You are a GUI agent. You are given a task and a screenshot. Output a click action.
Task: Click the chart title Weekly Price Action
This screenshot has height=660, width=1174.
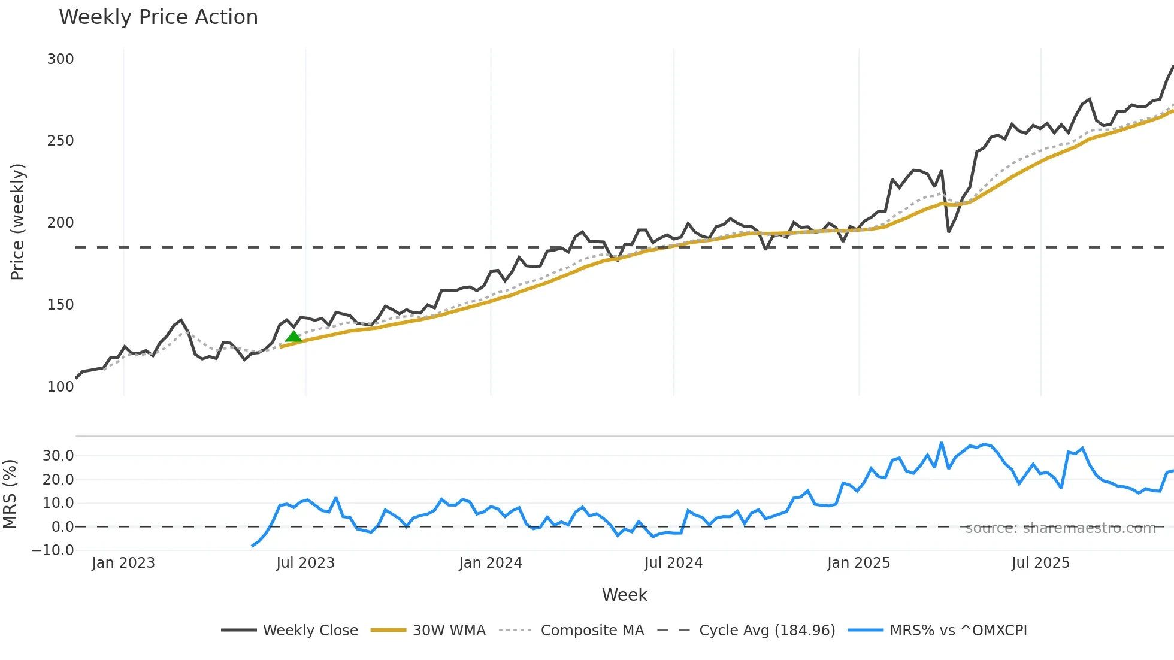158,17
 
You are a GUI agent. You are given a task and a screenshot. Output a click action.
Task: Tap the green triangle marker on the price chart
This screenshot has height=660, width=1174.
293,337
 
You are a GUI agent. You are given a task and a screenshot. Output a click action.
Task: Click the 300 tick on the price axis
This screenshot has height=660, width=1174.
60,59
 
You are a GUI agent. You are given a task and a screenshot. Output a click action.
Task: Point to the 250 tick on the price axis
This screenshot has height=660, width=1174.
60,141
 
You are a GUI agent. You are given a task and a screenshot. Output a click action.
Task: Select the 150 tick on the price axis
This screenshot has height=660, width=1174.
60,305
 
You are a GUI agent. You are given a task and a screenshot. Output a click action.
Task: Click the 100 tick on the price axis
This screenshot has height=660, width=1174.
60,387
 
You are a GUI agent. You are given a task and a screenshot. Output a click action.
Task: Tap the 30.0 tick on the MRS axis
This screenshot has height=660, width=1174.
58,456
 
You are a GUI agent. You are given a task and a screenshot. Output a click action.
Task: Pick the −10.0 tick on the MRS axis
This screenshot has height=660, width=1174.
53,550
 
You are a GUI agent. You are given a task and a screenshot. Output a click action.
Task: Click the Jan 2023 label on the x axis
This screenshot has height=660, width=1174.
123,563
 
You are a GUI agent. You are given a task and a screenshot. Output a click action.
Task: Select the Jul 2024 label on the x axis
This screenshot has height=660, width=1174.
673,563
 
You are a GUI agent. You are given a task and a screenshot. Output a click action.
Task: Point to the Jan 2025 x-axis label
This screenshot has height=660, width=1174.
858,563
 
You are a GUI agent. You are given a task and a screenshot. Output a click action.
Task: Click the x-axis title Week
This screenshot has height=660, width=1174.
624,595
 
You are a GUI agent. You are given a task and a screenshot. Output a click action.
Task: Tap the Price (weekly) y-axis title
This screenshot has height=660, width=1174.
17,222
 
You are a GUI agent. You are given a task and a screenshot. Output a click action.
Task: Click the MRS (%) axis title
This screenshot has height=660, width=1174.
10,494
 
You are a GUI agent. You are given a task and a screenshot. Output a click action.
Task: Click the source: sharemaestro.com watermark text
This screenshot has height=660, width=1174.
1060,528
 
